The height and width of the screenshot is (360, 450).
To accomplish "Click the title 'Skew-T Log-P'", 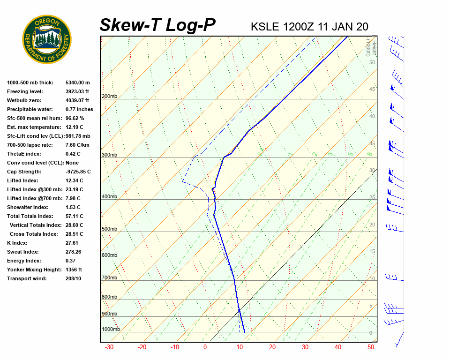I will pos(157,25).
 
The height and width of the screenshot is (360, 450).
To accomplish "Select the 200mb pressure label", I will pos(109,97).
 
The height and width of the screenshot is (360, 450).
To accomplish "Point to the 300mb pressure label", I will pos(109,155).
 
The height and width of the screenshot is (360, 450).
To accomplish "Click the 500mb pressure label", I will pos(109,229).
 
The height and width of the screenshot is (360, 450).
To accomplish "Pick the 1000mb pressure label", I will pos(111,330).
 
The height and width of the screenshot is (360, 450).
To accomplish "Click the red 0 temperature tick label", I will pos(205,347).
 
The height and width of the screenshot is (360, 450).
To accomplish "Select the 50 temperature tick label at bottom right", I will pos(370,347).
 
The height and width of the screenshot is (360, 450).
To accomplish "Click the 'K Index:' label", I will pos(17,243).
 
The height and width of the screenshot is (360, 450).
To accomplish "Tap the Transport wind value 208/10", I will pos(73,278).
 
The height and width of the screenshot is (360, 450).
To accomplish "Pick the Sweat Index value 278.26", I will pos(73,252).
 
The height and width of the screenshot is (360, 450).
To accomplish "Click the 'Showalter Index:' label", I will pos(28,207).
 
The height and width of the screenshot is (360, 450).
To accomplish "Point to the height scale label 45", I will pos(372,90).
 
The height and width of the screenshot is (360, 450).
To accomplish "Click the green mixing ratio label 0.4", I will pos(262,151).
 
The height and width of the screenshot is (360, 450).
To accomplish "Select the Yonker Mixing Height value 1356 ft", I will pos(74,270).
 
